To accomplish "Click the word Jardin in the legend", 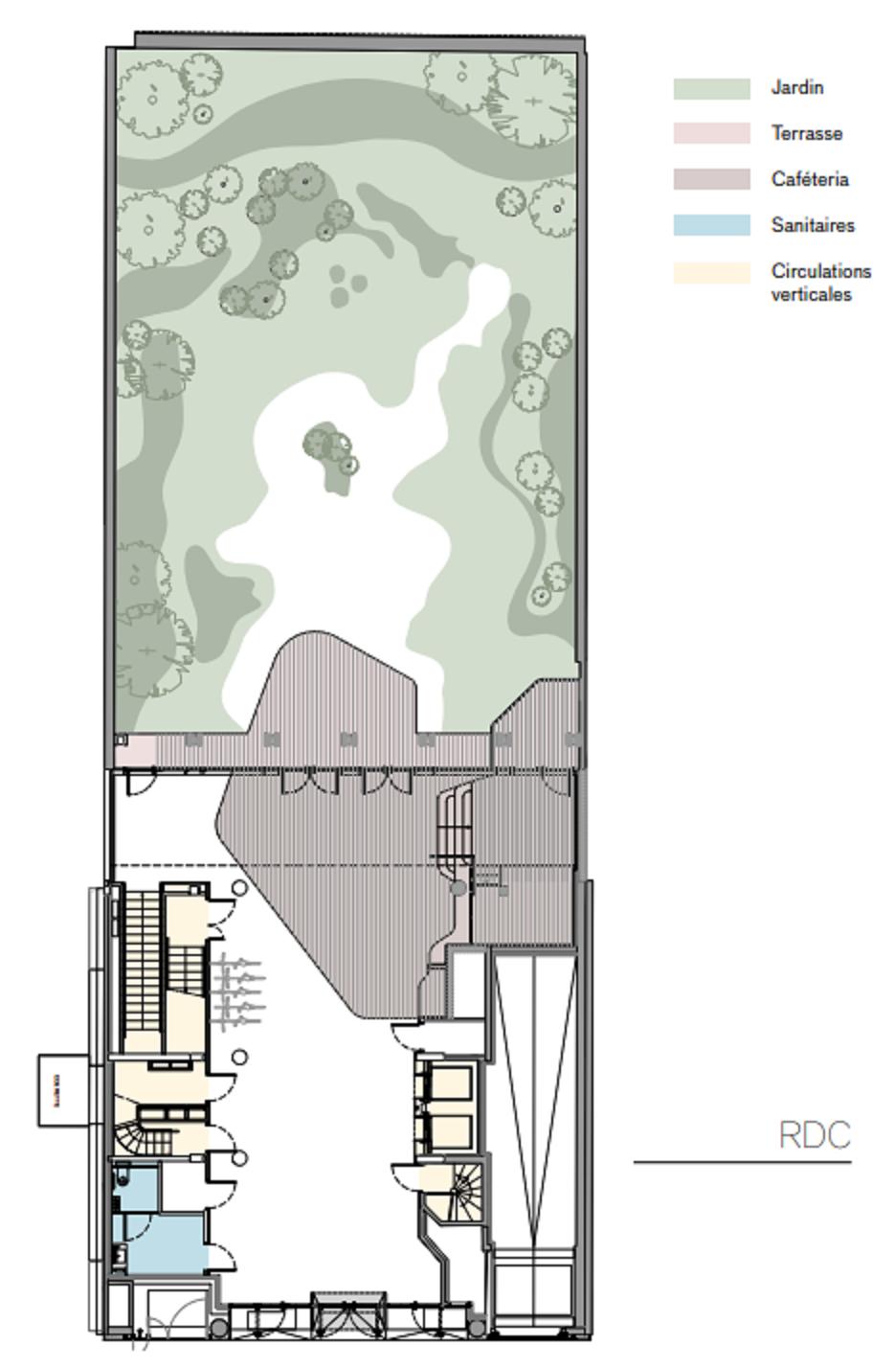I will pos(797,87).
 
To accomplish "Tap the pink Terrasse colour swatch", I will pos(711,133).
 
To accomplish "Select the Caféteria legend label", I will pos(810,179).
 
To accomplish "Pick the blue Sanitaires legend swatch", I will pos(711,225).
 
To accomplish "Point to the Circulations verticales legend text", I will pos(820,283).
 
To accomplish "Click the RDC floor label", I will pos(815,1135).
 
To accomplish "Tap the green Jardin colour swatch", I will pos(711,88).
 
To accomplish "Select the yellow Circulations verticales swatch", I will pos(711,273).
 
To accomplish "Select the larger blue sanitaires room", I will pos(163,1243).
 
